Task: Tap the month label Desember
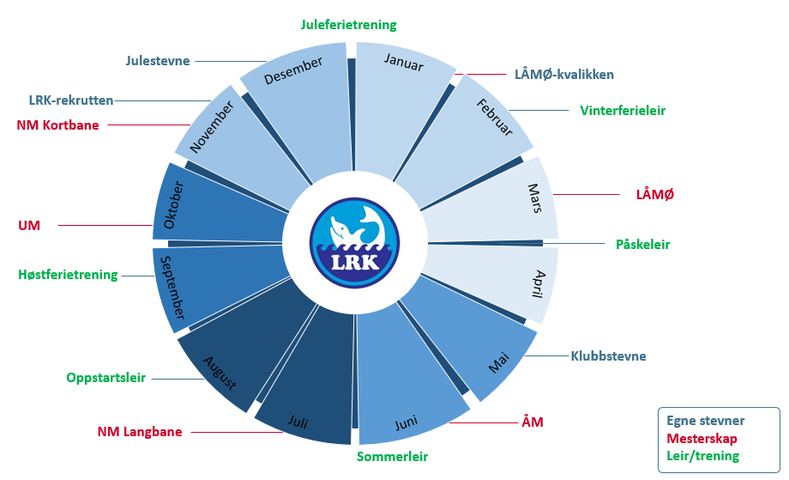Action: (x=293, y=72)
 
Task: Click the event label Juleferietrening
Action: (x=349, y=25)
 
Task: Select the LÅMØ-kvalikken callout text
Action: (x=564, y=74)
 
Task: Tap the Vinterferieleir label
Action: (x=623, y=111)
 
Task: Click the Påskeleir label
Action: (x=643, y=244)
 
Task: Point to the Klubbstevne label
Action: (x=609, y=355)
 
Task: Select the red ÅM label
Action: (x=533, y=422)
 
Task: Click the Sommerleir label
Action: (x=392, y=456)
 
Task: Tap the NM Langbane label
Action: (x=140, y=431)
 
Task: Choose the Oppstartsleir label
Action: (x=105, y=378)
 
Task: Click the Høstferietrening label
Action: (x=68, y=275)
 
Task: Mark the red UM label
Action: (x=29, y=226)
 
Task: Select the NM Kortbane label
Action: (x=57, y=125)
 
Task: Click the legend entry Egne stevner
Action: (x=706, y=421)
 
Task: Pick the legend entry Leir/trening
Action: (x=702, y=456)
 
